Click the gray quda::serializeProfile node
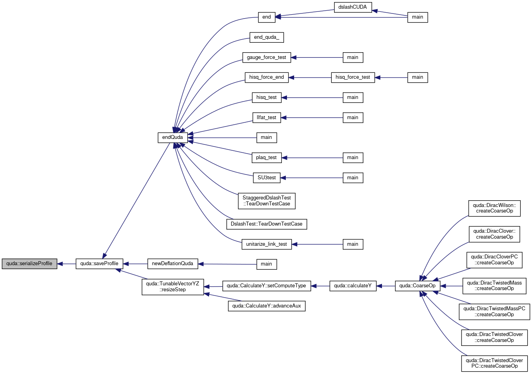pyautogui.click(x=29, y=264)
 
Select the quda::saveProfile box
pyautogui.click(x=99, y=264)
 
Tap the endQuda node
pyautogui.click(x=173, y=138)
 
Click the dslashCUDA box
pyautogui.click(x=353, y=8)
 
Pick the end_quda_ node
pyautogui.click(x=266, y=38)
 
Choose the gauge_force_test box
pyautogui.click(x=266, y=57)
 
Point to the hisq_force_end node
pyautogui.click(x=266, y=78)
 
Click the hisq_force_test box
pyautogui.click(x=353, y=78)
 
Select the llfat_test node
pyautogui.click(x=266, y=118)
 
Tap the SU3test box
pyautogui.click(x=266, y=178)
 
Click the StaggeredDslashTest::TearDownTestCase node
pyautogui.click(x=266, y=201)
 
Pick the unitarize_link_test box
pyautogui.click(x=266, y=244)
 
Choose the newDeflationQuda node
pyautogui.click(x=173, y=264)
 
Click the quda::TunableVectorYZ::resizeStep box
pyautogui.click(x=173, y=287)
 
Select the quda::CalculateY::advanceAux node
pyautogui.click(x=266, y=306)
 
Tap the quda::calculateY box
pyautogui.click(x=353, y=286)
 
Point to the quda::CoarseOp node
pyautogui.click(x=418, y=286)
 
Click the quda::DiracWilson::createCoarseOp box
pyautogui.click(x=494, y=208)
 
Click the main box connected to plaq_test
pyautogui.click(x=353, y=158)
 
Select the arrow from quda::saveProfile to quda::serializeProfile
pyautogui.click(x=66, y=264)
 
